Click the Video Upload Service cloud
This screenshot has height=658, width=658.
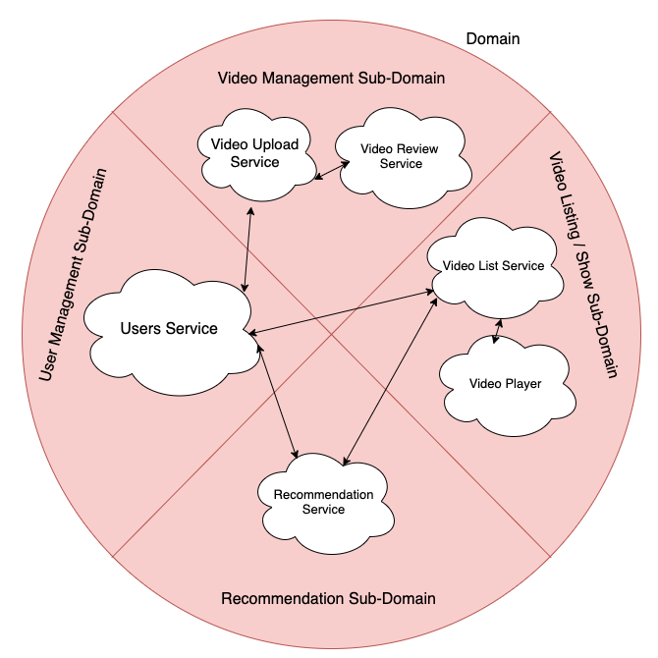pyautogui.click(x=254, y=153)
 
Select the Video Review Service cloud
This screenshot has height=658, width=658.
pyautogui.click(x=401, y=156)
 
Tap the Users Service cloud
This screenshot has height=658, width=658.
pyautogui.click(x=169, y=329)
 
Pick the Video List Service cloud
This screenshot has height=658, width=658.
pyautogui.click(x=494, y=266)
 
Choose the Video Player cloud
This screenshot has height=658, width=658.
pyautogui.click(x=506, y=384)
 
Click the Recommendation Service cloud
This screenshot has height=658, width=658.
pyautogui.click(x=323, y=502)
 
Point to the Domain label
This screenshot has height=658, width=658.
pyautogui.click(x=492, y=39)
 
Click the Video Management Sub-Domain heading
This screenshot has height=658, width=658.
pyautogui.click(x=331, y=78)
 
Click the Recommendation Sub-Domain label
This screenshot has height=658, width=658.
pyautogui.click(x=328, y=598)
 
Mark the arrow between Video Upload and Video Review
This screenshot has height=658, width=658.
pyautogui.click(x=334, y=172)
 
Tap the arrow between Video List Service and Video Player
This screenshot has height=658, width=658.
pyautogui.click(x=498, y=332)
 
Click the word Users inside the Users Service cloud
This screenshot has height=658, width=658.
pyautogui.click(x=140, y=329)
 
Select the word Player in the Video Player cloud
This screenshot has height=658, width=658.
pyautogui.click(x=523, y=384)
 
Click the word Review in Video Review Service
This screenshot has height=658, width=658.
pyautogui.click(x=417, y=149)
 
